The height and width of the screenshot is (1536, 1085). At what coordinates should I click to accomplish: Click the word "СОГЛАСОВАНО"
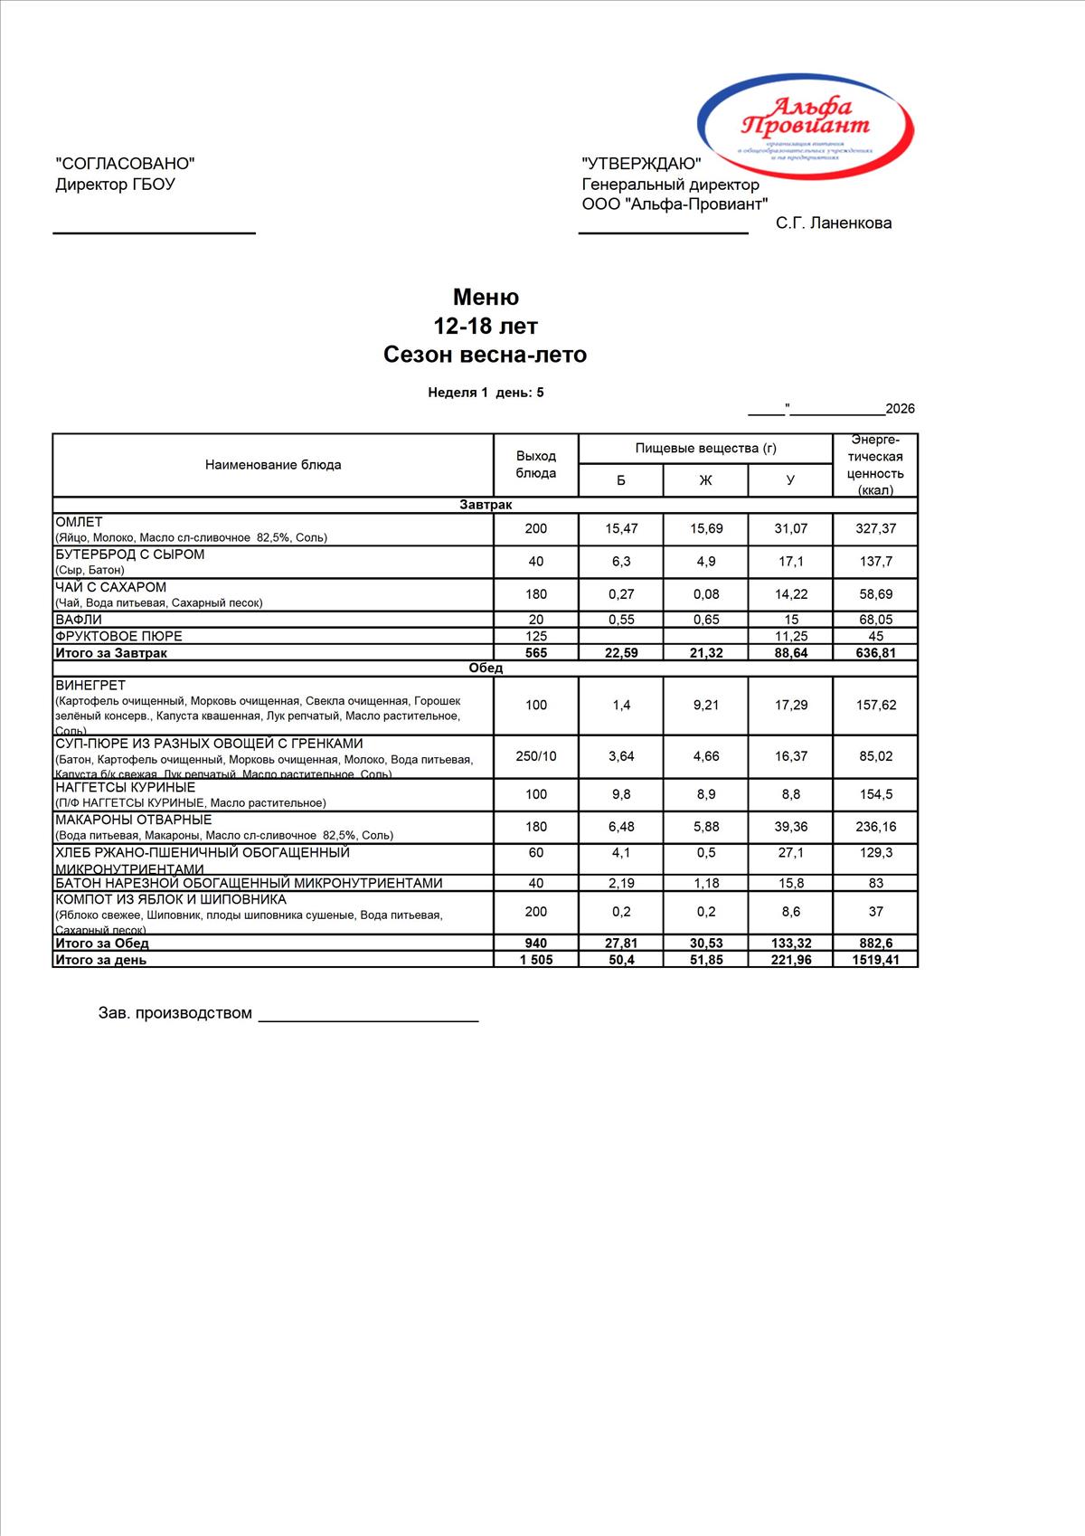tap(125, 164)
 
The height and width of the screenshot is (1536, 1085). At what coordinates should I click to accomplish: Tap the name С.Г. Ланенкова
tap(834, 223)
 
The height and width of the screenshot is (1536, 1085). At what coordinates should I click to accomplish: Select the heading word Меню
tap(486, 298)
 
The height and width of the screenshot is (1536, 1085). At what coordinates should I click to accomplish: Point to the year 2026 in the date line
tap(900, 409)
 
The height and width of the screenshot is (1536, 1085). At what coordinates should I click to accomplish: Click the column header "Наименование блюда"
tap(273, 465)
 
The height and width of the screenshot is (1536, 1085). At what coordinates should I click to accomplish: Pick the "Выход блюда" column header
tap(536, 465)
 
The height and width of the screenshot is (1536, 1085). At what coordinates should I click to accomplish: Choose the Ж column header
tap(706, 480)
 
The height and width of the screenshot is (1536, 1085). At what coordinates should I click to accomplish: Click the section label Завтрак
tap(486, 505)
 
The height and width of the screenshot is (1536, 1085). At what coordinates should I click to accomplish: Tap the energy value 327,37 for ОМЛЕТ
tap(875, 529)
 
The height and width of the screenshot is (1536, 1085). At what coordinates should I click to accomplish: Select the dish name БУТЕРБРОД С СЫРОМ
tap(130, 555)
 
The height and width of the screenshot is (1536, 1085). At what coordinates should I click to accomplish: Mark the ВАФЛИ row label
tap(79, 620)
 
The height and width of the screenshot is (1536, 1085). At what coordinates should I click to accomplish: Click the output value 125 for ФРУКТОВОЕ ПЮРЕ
tap(536, 636)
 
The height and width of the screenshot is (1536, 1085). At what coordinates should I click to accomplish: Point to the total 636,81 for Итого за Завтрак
tap(875, 653)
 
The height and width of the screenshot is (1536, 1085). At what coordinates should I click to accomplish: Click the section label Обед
tap(486, 668)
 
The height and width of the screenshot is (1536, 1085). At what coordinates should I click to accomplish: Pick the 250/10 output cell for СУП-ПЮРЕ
tap(536, 756)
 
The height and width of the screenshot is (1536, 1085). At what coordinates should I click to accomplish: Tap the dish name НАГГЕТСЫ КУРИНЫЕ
tap(126, 788)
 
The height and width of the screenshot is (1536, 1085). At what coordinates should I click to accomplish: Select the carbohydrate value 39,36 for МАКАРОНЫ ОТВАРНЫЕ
tap(790, 827)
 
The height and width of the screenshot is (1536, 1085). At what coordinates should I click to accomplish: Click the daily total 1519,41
tap(875, 960)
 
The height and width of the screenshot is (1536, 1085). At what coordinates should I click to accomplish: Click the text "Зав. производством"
tap(175, 1013)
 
